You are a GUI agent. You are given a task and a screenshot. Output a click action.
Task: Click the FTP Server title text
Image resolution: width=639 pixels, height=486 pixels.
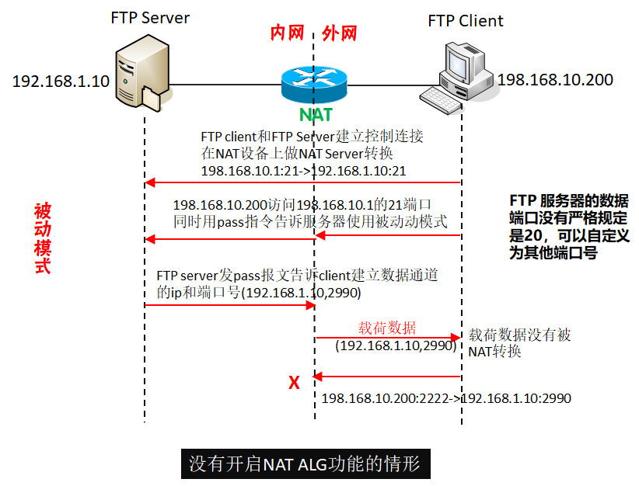150,19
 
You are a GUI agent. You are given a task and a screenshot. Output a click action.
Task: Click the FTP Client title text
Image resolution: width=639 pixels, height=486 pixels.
466,20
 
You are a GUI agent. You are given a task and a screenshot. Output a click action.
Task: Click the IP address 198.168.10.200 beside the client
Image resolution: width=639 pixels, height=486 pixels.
555,80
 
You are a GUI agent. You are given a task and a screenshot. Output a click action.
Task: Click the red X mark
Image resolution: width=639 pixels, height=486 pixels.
294,383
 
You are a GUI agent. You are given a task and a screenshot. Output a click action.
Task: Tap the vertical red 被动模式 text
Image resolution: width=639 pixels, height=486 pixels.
43,239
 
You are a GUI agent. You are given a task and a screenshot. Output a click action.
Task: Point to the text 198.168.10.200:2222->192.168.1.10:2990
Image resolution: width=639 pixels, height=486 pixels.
446,398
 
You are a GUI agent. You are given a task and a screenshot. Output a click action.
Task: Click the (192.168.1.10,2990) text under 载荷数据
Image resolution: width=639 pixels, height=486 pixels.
395,346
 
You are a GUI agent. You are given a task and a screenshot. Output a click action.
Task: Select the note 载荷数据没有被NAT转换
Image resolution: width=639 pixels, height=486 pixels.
519,343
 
